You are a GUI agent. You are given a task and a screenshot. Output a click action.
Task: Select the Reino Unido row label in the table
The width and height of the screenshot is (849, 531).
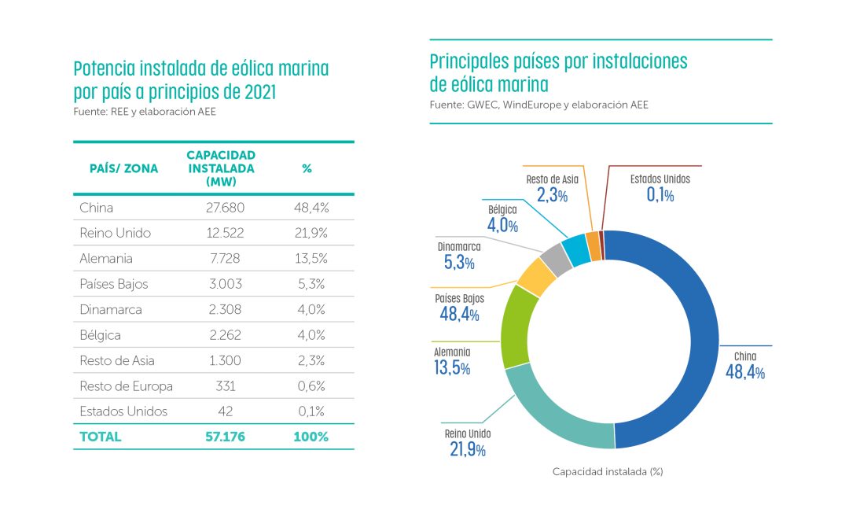tap(115, 234)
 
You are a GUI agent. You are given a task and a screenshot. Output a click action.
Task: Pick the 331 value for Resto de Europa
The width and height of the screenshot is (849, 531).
tap(225, 386)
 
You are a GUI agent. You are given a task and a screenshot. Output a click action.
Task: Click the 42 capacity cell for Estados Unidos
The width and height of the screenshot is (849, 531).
tap(225, 411)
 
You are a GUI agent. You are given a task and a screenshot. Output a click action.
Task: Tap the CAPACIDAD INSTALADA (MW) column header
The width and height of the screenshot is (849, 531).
tap(221, 168)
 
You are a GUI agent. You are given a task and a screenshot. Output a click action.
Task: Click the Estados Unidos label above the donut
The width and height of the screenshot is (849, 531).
tap(660, 179)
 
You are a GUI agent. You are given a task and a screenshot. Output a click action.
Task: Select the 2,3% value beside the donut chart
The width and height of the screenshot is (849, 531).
tap(552, 195)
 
